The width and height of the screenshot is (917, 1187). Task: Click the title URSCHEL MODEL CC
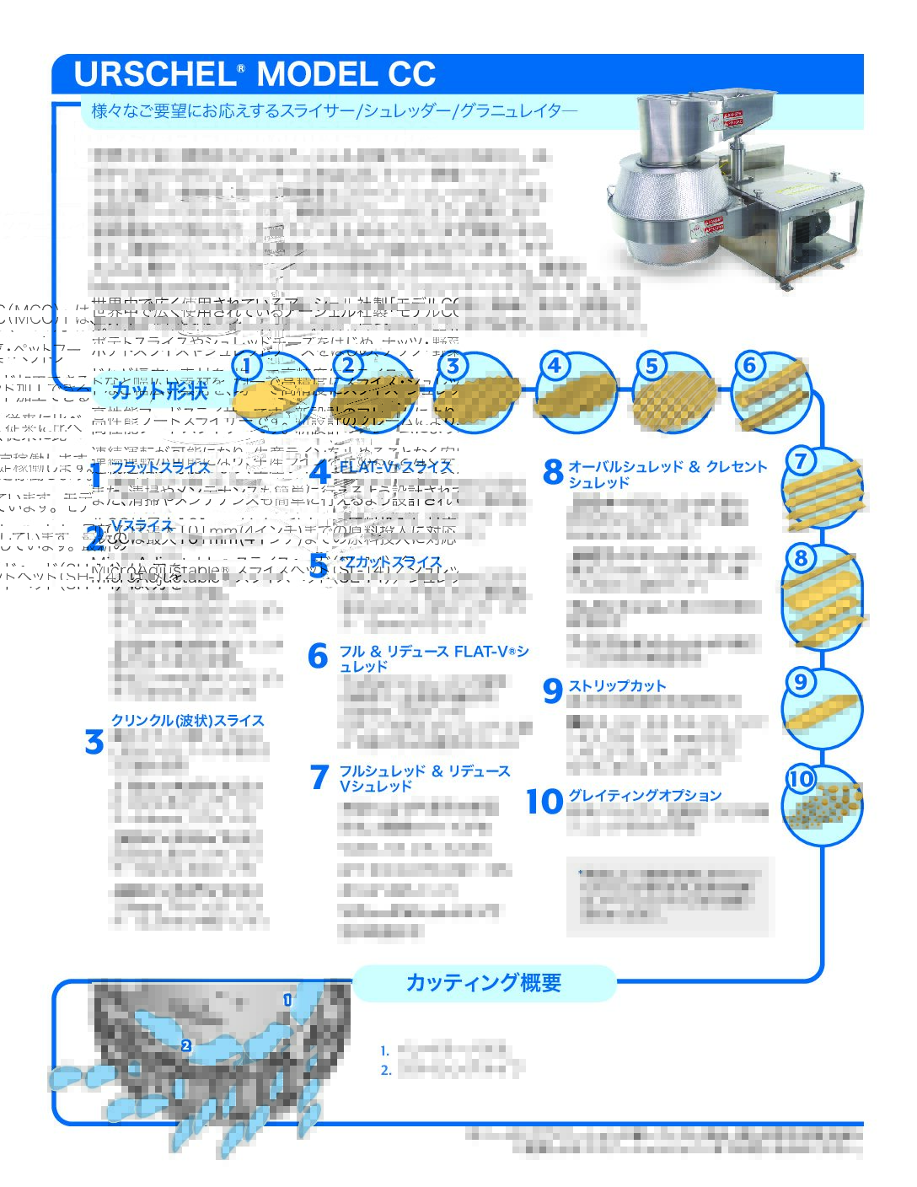(x=255, y=74)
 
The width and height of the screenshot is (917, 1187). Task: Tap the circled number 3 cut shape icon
(x=475, y=392)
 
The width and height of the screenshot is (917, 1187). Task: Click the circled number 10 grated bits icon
(x=823, y=805)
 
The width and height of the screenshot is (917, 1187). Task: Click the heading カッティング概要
(x=483, y=982)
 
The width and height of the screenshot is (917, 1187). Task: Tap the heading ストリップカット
(x=617, y=685)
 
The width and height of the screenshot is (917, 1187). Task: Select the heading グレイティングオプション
(x=645, y=795)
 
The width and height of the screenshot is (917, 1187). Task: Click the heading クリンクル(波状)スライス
(x=188, y=720)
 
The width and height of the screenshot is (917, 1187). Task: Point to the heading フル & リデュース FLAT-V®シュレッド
(x=434, y=658)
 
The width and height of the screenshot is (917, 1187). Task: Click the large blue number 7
(x=319, y=777)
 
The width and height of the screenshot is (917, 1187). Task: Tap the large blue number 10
(x=544, y=802)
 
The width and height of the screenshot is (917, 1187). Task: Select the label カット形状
(x=159, y=389)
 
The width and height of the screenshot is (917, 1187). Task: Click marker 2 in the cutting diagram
(x=185, y=1045)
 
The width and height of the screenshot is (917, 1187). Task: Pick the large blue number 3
(x=94, y=743)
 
